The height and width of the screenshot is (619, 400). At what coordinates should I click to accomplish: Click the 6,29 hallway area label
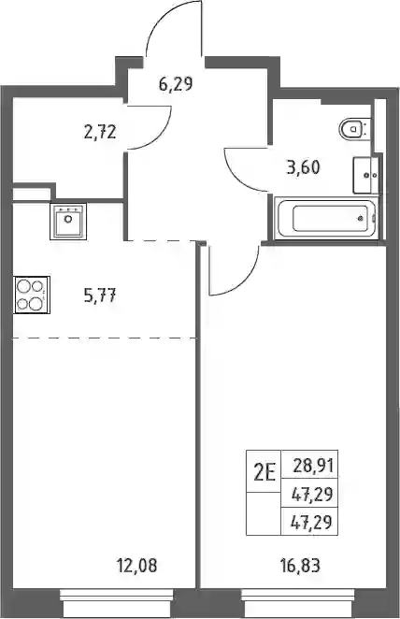(x=176, y=84)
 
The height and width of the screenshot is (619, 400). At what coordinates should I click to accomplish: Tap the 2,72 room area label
(x=100, y=132)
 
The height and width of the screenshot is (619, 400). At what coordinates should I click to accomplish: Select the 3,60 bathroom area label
(x=304, y=167)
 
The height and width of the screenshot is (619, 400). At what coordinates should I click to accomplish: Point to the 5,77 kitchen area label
(x=100, y=295)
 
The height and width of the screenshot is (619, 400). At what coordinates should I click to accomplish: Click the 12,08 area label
(x=136, y=566)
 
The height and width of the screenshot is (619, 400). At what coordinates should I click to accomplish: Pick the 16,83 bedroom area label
(x=300, y=566)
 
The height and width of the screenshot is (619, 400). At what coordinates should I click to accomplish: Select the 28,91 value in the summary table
(x=314, y=467)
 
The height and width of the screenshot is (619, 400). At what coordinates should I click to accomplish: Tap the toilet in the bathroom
(x=354, y=129)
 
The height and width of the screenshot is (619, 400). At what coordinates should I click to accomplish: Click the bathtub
(x=325, y=218)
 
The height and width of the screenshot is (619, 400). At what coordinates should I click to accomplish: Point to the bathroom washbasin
(x=365, y=175)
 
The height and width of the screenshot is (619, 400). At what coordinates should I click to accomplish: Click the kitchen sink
(x=68, y=222)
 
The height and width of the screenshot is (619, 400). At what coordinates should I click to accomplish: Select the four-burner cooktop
(x=32, y=295)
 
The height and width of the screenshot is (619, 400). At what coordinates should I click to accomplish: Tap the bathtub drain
(x=360, y=218)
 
